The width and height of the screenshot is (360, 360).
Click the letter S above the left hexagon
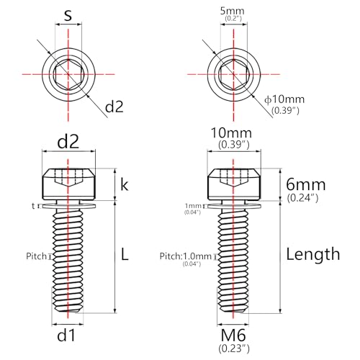pos(68,16)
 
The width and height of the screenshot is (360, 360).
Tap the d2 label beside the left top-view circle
pos(114,107)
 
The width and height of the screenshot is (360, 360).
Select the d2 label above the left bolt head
pos(68,142)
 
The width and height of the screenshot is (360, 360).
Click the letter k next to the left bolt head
pos(125,185)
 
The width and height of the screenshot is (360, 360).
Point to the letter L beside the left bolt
pos(125,254)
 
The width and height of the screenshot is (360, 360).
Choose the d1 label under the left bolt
pos(66,335)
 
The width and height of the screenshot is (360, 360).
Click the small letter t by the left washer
pos(33,206)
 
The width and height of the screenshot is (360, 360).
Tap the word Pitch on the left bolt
pos(36,256)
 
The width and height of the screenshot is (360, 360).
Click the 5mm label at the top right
pos(233,11)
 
